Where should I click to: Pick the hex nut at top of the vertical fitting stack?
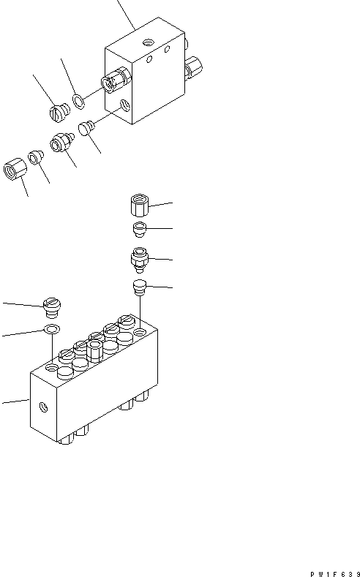click(138, 204)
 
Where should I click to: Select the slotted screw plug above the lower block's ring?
click(52, 303)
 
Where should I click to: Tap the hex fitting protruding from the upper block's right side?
click(194, 69)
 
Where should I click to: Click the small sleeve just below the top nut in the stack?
click(138, 230)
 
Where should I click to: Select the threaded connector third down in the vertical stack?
click(138, 258)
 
